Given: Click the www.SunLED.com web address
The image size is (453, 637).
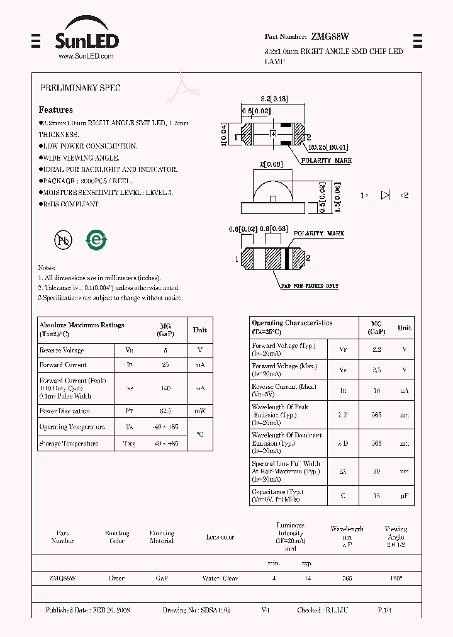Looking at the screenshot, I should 86,57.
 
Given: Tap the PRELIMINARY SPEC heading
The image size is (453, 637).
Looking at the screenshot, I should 81,88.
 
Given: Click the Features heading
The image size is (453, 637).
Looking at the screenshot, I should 56,110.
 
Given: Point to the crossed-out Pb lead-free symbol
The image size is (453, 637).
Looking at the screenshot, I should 64,240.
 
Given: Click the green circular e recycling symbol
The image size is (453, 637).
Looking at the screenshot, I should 96,240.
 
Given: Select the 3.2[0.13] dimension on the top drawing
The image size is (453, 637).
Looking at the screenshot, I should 274,99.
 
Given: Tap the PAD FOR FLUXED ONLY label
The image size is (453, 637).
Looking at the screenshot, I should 310,286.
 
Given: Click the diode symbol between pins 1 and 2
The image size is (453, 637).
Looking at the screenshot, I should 386,195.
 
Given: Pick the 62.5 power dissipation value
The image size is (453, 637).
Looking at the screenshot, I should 166,411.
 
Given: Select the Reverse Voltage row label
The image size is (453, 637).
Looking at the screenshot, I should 62,351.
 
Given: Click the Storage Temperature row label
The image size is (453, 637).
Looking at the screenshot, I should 69,444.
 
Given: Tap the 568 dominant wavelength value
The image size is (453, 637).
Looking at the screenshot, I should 376,443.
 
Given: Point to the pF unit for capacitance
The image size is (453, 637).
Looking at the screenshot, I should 405,495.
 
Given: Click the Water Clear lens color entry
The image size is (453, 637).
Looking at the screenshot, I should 220,578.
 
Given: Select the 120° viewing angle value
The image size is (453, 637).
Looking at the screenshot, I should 396,578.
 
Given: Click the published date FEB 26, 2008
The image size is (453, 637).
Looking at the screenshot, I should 88,611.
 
